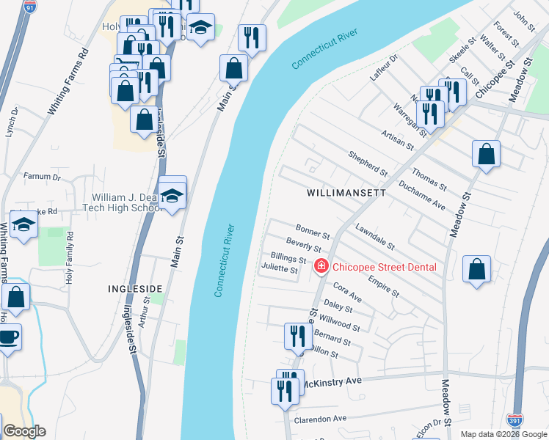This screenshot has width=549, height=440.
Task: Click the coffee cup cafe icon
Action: pos(8,338)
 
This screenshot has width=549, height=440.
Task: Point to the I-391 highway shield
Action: pos(515,420)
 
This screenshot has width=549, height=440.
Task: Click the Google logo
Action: pos(24,431)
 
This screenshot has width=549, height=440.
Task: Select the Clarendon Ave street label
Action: pos(320,419)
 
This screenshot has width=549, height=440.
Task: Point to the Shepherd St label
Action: pos(368,164)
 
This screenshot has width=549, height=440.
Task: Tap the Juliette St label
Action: pos(280,269)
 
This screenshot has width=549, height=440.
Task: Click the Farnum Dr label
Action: pos(42,177)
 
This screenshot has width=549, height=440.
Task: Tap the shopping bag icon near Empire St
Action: pos(477,269)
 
